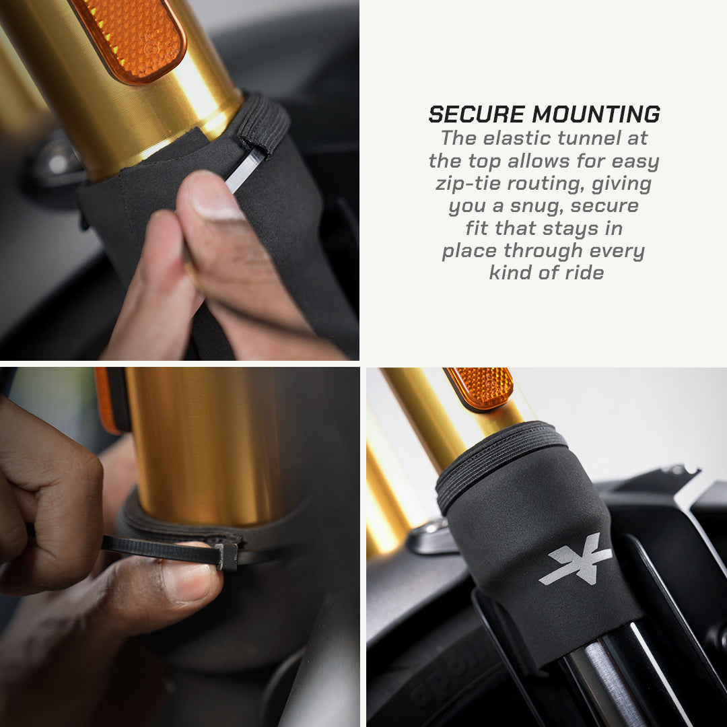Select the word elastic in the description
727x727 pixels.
(517, 139)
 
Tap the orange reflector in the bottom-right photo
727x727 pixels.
(479, 388)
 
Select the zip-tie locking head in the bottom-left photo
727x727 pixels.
(227, 555)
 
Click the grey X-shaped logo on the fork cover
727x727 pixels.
(575, 559)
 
